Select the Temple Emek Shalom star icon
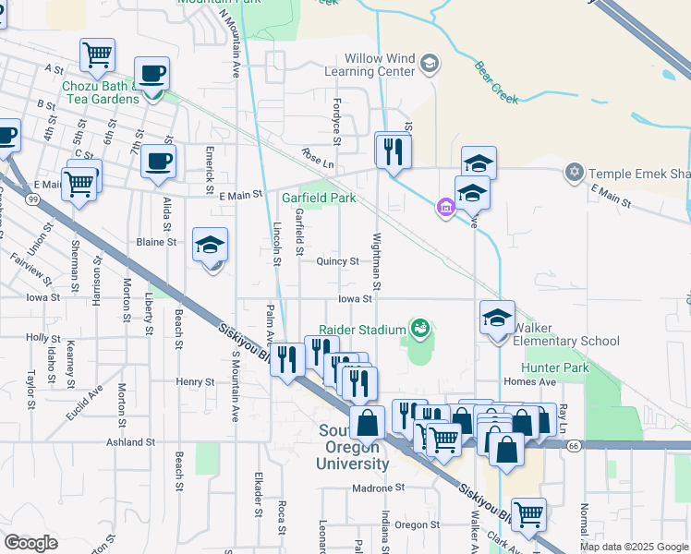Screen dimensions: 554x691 click(x=575, y=173)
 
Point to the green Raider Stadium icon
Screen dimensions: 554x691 click(x=420, y=328)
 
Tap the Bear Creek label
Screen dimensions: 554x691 click(x=496, y=80)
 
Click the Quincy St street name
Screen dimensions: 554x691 click(x=337, y=261)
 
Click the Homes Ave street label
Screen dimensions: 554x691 click(x=529, y=381)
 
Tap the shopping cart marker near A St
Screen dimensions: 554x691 click(x=97, y=54)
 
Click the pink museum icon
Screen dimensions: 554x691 click(x=446, y=208)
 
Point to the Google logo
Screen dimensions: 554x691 click(x=30, y=542)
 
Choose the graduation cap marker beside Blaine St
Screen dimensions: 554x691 click(x=210, y=246)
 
